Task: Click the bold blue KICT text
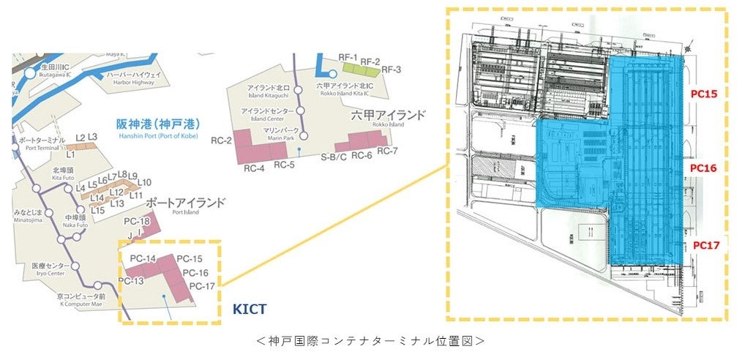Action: click(x=250, y=310)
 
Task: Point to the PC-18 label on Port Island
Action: click(x=136, y=222)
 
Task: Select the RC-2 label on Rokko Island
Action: click(x=221, y=140)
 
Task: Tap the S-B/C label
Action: click(x=333, y=156)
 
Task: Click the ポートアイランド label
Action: click(x=184, y=202)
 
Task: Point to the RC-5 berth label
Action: click(x=284, y=165)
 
